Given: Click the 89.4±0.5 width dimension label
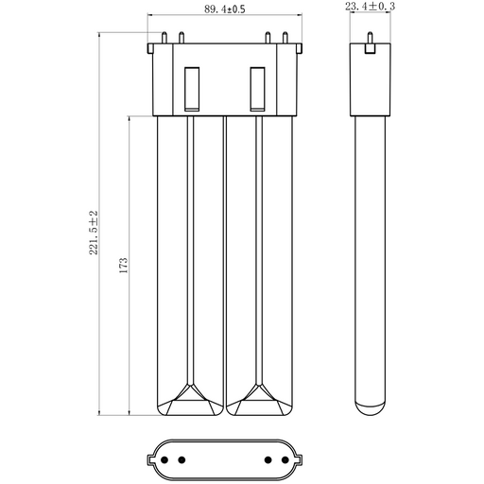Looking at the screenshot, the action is [225, 9].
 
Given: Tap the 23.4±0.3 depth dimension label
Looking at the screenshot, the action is [370, 7].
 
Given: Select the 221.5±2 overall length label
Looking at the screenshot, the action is [94, 233].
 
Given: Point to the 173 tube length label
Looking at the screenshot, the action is [124, 265].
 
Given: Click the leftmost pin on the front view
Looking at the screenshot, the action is [164, 38].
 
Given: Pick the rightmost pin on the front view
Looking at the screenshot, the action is [285, 38].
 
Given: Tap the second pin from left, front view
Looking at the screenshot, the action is [181, 38].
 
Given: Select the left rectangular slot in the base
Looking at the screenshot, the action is [192, 89].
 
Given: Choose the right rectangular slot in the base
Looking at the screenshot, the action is [257, 89].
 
